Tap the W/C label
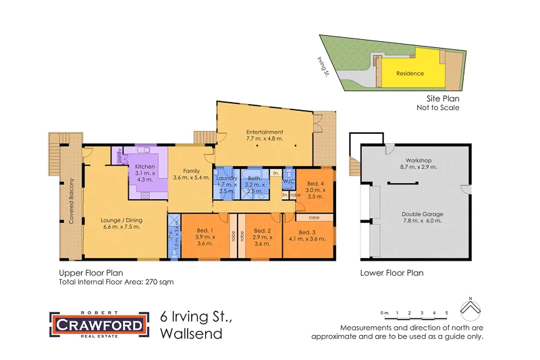(288, 181)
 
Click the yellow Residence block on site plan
(410, 73)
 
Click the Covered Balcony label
(71, 201)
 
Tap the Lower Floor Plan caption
(392, 274)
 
